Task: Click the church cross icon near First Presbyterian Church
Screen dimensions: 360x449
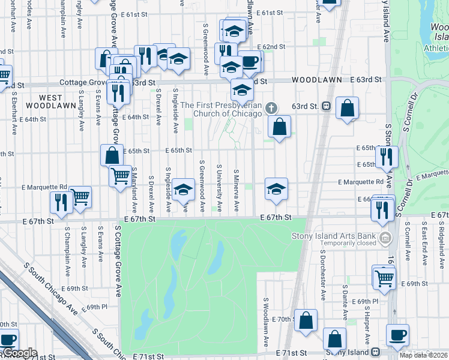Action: click(271, 109)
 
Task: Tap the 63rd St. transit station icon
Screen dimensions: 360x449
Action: click(326, 106)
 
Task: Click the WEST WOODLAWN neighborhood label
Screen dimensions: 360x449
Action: click(43, 101)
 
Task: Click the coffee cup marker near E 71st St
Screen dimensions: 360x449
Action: click(397, 335)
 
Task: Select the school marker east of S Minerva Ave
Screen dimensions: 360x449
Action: click(276, 189)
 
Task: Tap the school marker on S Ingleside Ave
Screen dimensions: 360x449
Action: click(184, 190)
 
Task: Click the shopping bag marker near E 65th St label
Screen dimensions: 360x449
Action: click(112, 155)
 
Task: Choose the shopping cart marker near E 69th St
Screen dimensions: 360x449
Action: click(384, 277)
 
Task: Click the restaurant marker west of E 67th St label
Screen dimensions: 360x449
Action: click(61, 202)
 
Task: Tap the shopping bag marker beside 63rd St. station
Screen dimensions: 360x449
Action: click(347, 109)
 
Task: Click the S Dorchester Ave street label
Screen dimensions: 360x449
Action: click(323, 282)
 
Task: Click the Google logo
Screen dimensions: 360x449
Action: click(20, 353)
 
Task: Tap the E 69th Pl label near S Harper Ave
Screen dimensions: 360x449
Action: click(366, 301)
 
